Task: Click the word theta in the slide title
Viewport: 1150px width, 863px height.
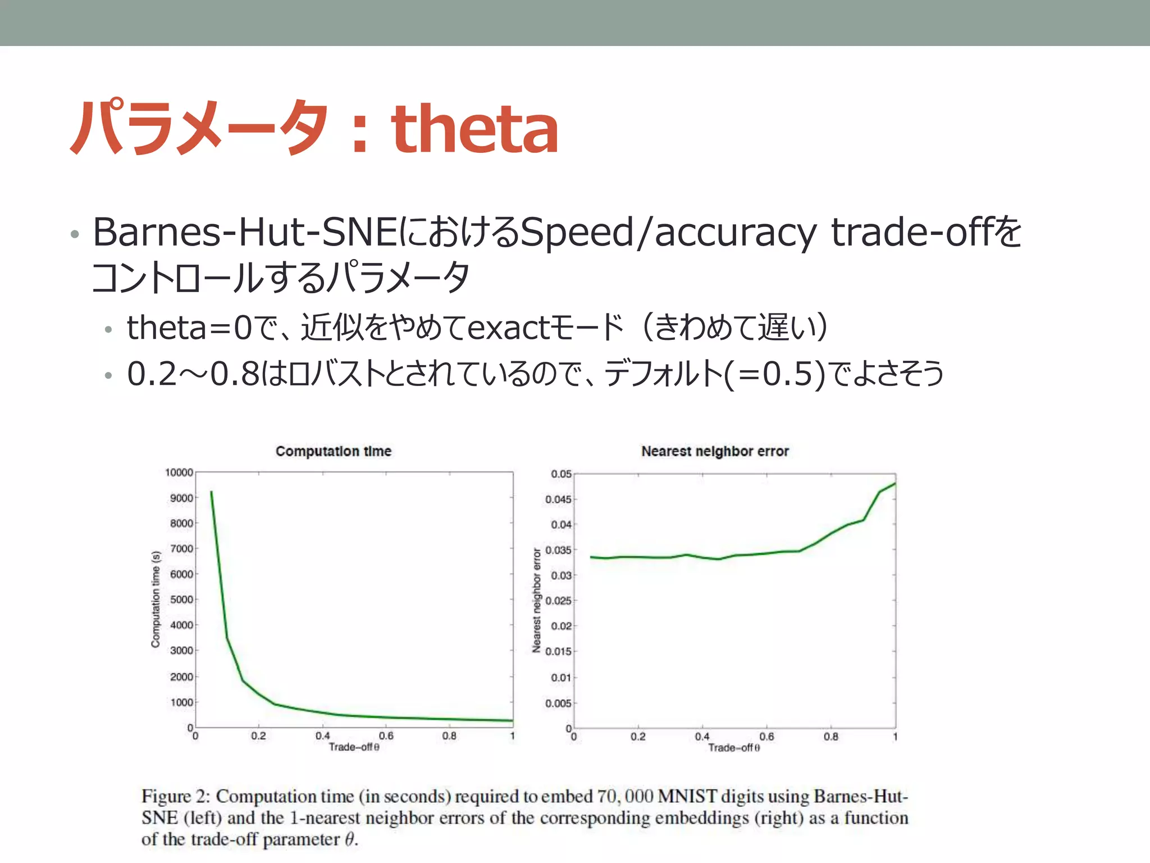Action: (474, 130)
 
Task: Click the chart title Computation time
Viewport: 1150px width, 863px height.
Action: (333, 451)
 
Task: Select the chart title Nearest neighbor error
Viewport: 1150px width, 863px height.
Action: (715, 451)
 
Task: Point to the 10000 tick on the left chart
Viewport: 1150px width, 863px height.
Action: (179, 473)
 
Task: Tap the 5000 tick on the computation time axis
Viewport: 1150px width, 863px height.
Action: (181, 599)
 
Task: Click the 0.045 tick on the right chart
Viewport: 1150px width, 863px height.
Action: (558, 499)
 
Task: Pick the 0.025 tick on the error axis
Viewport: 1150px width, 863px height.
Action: (558, 601)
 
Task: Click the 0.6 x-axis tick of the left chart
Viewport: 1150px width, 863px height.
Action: (386, 735)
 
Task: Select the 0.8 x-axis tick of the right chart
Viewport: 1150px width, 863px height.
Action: (830, 737)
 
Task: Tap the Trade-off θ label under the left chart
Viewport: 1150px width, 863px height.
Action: (354, 747)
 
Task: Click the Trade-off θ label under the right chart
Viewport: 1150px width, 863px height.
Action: (733, 748)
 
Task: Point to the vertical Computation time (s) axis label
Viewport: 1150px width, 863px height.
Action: (156, 599)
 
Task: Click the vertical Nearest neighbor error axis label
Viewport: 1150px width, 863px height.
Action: (536, 600)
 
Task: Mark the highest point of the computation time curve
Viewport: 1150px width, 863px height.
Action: (211, 492)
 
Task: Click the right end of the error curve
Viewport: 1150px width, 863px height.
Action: (895, 483)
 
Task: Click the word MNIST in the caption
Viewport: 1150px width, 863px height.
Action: (687, 797)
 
